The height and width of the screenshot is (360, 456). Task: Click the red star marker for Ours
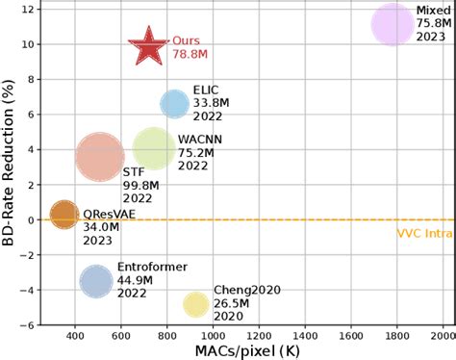tap(148, 46)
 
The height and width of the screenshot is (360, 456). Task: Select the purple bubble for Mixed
tap(392, 25)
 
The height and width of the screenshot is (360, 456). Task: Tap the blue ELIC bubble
tap(174, 104)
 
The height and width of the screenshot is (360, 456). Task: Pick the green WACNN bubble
tap(153, 149)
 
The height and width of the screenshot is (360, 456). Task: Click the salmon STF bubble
tap(100, 156)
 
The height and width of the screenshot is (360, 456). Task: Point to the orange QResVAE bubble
tap(63, 215)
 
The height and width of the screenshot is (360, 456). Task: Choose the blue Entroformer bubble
tap(96, 281)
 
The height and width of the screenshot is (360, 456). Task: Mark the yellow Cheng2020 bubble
tap(196, 304)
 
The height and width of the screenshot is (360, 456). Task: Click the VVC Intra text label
tap(424, 233)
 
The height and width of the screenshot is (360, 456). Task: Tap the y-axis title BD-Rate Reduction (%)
tap(11, 164)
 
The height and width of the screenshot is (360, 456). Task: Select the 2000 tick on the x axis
tap(442, 336)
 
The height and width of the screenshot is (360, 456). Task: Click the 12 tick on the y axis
tap(28, 9)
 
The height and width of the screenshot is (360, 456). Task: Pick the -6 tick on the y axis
tap(26, 324)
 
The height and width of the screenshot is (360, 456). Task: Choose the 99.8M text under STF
tap(138, 185)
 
